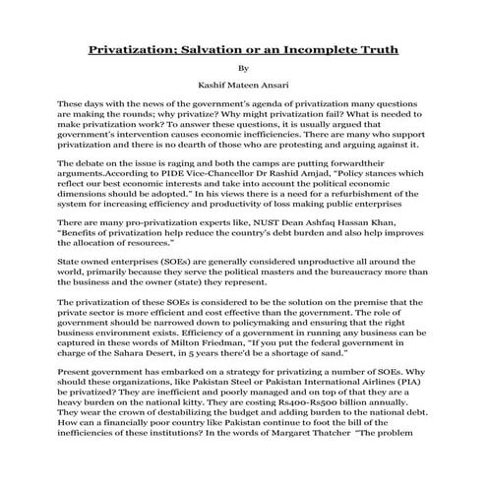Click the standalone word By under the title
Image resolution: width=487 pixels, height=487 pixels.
pos(244,69)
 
